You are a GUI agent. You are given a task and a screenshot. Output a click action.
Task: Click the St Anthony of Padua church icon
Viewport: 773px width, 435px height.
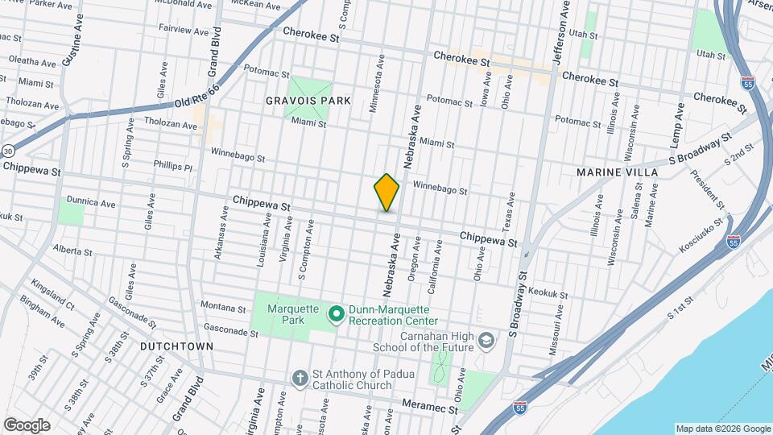point(299,378)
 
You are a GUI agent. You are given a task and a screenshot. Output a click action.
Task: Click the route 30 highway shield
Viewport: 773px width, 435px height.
point(7,151)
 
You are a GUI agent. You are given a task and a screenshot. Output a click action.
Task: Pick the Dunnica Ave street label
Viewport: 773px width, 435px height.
point(92,204)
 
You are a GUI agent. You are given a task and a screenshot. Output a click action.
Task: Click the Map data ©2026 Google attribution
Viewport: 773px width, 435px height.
point(723,429)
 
